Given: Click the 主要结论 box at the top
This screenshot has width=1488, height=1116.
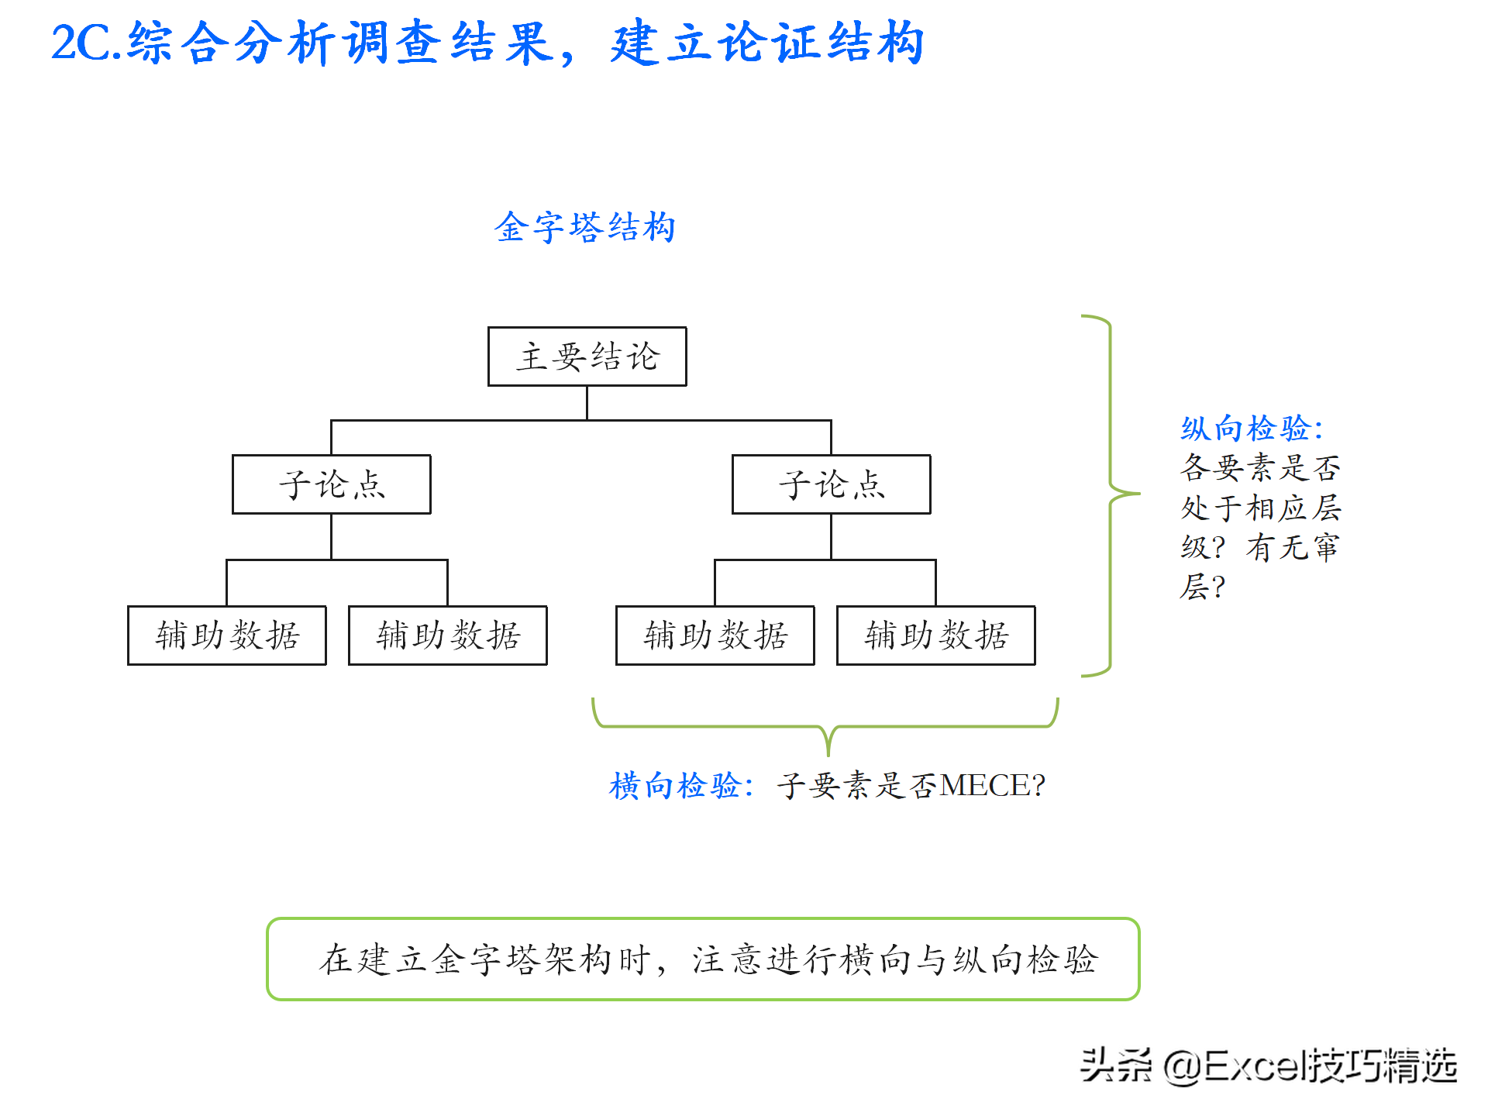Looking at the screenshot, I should click(x=587, y=356).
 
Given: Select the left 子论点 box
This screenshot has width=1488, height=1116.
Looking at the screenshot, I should click(x=331, y=484).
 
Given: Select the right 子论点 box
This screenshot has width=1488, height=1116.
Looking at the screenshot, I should click(x=831, y=484).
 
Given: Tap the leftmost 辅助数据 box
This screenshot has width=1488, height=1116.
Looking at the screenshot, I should click(x=226, y=635).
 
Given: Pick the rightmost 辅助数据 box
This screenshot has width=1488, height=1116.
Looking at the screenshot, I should click(x=935, y=635).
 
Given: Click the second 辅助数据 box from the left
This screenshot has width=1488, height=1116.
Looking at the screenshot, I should click(x=447, y=635).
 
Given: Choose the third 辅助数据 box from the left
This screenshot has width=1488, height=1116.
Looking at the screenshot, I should click(x=715, y=635).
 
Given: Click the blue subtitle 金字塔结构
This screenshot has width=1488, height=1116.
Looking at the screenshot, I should click(x=585, y=228).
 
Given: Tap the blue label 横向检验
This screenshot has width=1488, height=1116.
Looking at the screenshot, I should click(x=679, y=786).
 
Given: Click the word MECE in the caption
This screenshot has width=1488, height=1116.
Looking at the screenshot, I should click(x=984, y=786).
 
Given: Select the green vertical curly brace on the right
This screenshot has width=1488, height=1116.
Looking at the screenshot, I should click(x=1111, y=494).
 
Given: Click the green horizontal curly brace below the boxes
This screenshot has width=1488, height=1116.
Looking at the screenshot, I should click(x=826, y=727).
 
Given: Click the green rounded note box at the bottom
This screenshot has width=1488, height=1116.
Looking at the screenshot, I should click(x=703, y=959).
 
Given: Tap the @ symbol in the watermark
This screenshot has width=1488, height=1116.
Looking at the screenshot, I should click(x=1182, y=1066).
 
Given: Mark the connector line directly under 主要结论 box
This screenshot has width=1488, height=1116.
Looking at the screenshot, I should click(x=587, y=403).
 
